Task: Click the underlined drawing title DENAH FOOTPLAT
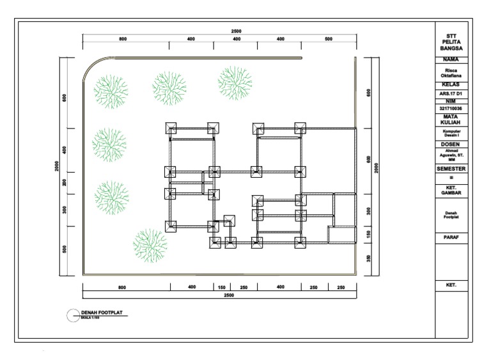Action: click(x=102, y=313)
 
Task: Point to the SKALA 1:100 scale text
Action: click(x=91, y=318)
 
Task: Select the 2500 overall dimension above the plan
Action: click(x=236, y=31)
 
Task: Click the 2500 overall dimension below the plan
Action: click(x=228, y=295)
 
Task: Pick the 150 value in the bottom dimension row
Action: click(x=221, y=287)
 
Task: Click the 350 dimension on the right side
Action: click(x=369, y=258)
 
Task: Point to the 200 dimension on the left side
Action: click(x=65, y=182)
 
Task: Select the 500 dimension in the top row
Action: click(x=328, y=39)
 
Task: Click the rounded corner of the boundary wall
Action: click(x=92, y=66)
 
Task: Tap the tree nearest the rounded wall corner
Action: click(x=111, y=91)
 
